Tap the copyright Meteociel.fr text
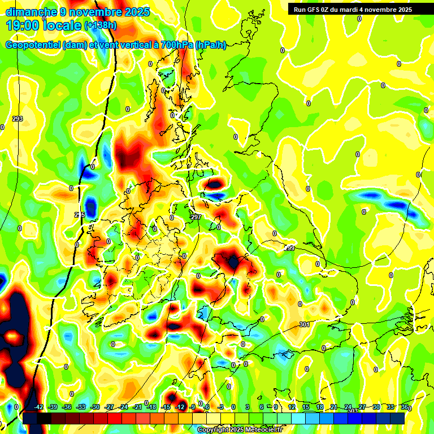[240, 430]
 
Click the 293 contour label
[17, 119]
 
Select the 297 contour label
[196, 217]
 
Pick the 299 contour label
[289, 248]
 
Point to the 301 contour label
[305, 324]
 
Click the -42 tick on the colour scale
[39, 407]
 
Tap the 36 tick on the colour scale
[404, 407]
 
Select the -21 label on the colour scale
[137, 407]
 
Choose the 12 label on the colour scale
[292, 407]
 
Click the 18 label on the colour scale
[320, 407]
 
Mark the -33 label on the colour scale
[81, 407]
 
